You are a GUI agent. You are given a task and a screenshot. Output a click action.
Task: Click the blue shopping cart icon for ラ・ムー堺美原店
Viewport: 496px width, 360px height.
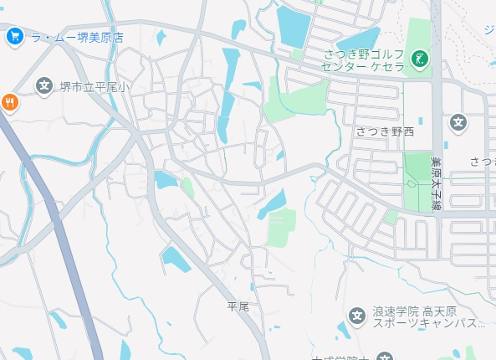tap(13, 36)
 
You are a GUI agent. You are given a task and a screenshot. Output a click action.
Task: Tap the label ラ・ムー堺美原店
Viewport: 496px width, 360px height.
tap(77, 37)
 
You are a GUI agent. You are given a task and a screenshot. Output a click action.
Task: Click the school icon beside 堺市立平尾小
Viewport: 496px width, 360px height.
tap(43, 85)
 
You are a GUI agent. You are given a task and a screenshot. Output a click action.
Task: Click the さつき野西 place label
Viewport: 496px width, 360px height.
tap(385, 131)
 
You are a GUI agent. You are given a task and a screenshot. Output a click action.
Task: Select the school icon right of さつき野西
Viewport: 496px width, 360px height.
tap(458, 123)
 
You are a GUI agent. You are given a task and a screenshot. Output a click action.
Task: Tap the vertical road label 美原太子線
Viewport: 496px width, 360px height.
tap(436, 182)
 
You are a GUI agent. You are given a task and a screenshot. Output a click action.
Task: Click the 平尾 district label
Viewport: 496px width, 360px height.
tap(238, 306)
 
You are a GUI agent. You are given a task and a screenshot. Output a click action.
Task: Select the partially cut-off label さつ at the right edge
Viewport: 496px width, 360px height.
tap(483, 161)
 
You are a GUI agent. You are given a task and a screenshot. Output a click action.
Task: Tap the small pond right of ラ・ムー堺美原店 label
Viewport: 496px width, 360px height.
tap(161, 37)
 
